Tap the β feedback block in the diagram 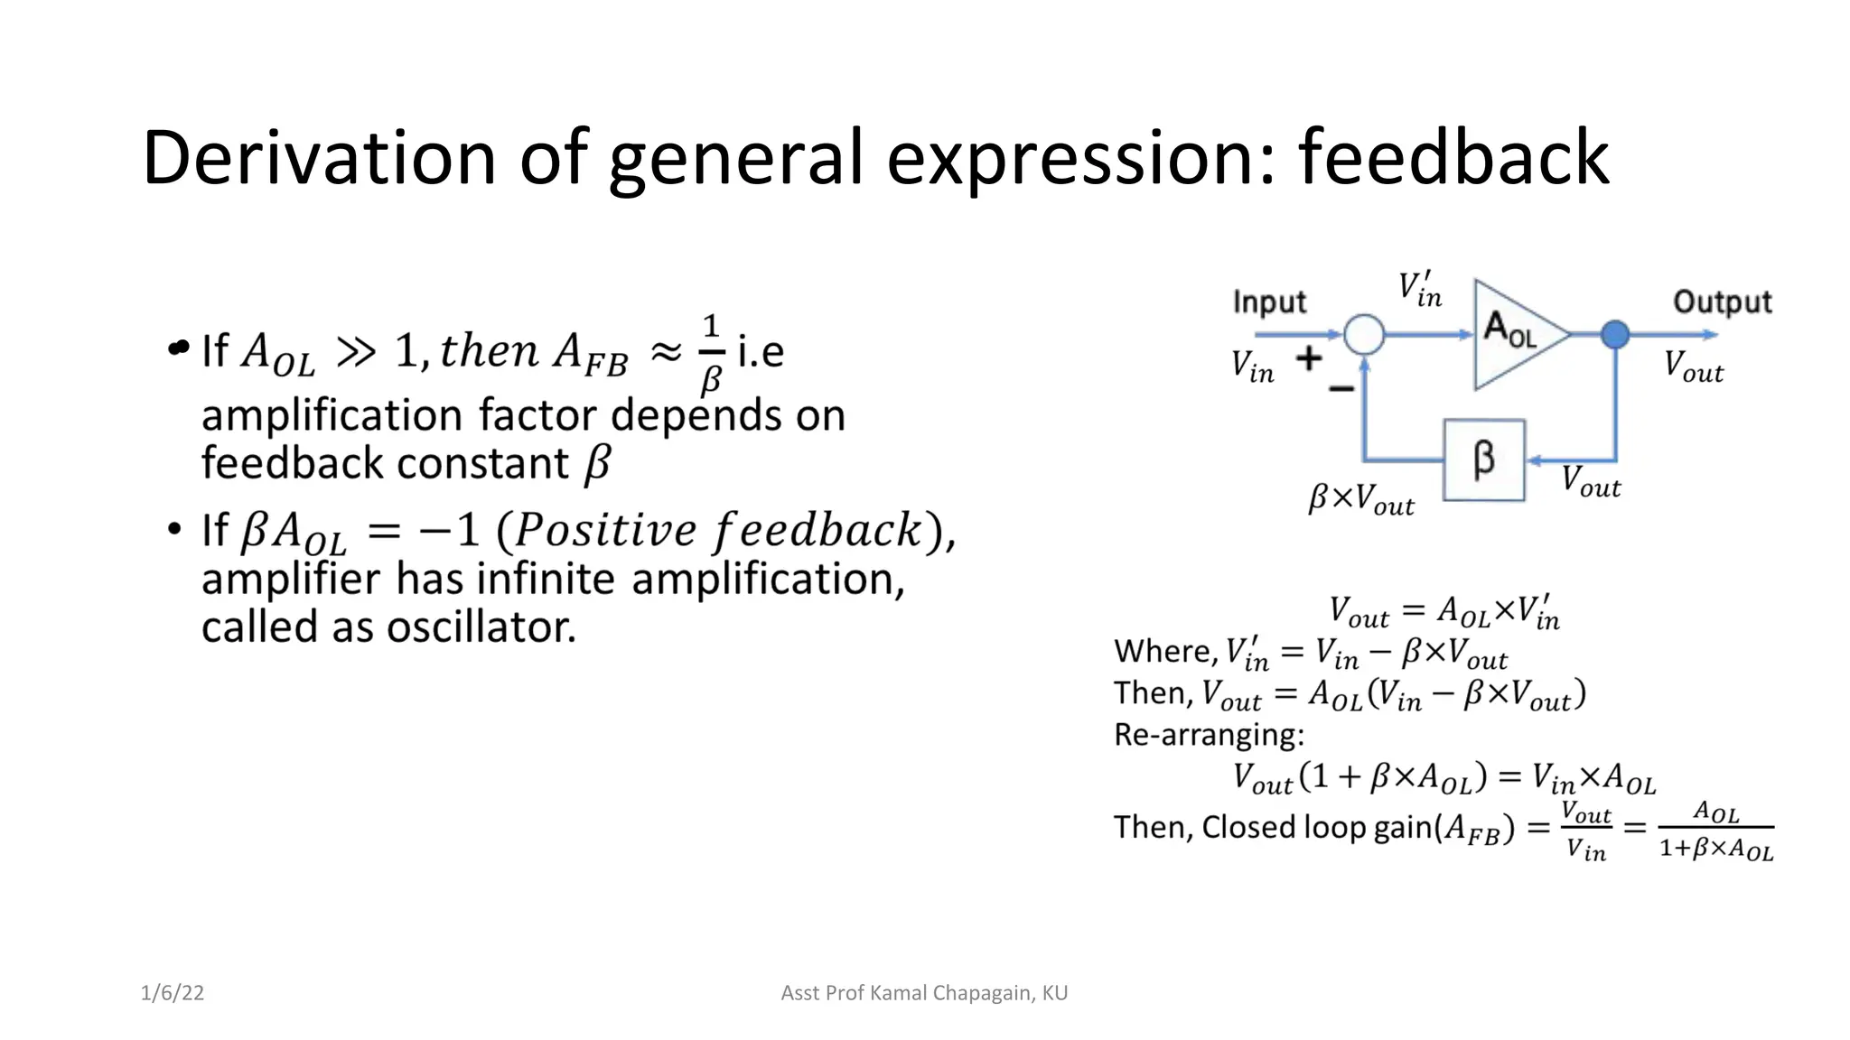1484,460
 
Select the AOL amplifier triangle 1513,334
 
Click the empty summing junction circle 1364,335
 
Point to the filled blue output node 1615,335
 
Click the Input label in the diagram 1269,302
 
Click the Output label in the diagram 1722,302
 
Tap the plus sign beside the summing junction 1309,359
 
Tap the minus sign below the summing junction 1341,389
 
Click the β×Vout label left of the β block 1361,498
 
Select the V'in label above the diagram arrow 1420,290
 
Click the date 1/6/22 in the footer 172,993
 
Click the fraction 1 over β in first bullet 711,354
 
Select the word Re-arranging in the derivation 1209,735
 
